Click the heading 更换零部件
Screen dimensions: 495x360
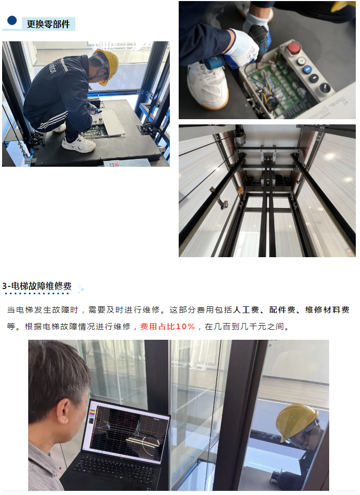pos(48,24)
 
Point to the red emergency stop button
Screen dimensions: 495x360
pos(294,48)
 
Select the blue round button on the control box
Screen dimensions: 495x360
pos(308,68)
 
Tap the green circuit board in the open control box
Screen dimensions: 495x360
pos(277,86)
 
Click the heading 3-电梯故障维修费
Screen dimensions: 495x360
pos(37,286)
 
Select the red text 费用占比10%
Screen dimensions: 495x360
pos(167,326)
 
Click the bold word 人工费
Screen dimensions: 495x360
pos(246,310)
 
